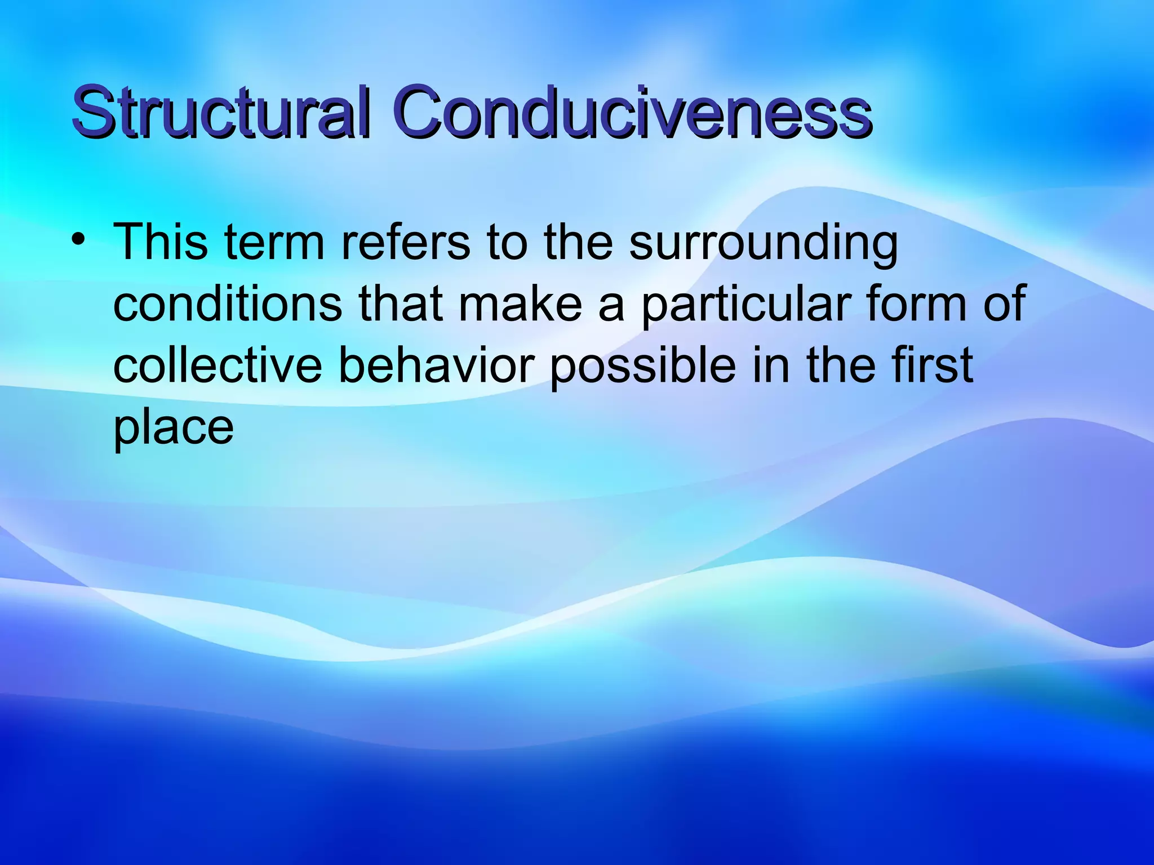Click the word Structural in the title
point(221,112)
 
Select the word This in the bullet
point(161,242)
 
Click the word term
point(274,243)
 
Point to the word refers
point(406,242)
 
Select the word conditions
point(228,304)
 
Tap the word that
point(401,304)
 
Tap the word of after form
point(1004,304)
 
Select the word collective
point(218,365)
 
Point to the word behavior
point(436,365)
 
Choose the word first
point(932,365)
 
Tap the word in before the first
point(771,365)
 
